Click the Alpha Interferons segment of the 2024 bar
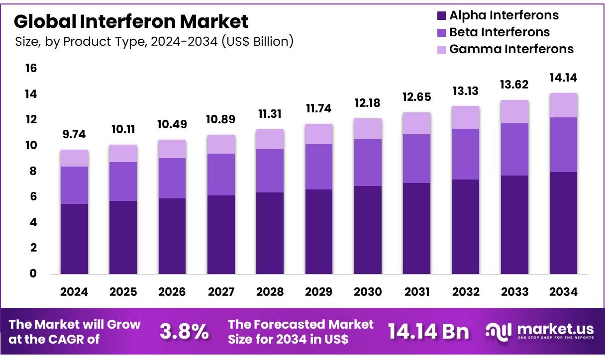click(74, 239)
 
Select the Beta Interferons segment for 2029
click(319, 167)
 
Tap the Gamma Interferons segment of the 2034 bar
click(564, 105)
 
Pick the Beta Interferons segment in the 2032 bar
click(466, 154)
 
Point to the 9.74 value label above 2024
click(74, 135)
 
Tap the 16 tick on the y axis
click(31, 68)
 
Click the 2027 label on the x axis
click(221, 292)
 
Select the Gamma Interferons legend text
click(511, 49)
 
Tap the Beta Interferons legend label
click(499, 32)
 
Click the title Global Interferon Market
click(131, 21)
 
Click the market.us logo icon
click(499, 332)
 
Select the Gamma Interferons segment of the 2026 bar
click(172, 149)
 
